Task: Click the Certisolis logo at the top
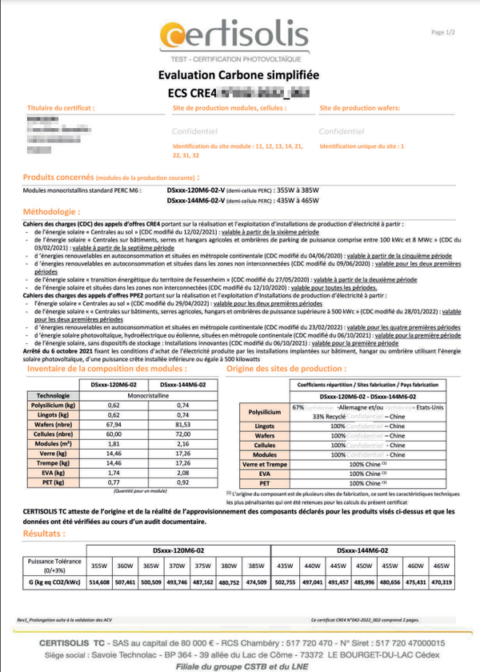(233, 36)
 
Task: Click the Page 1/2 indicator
(442, 32)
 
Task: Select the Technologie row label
(54, 395)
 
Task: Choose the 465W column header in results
(442, 566)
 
